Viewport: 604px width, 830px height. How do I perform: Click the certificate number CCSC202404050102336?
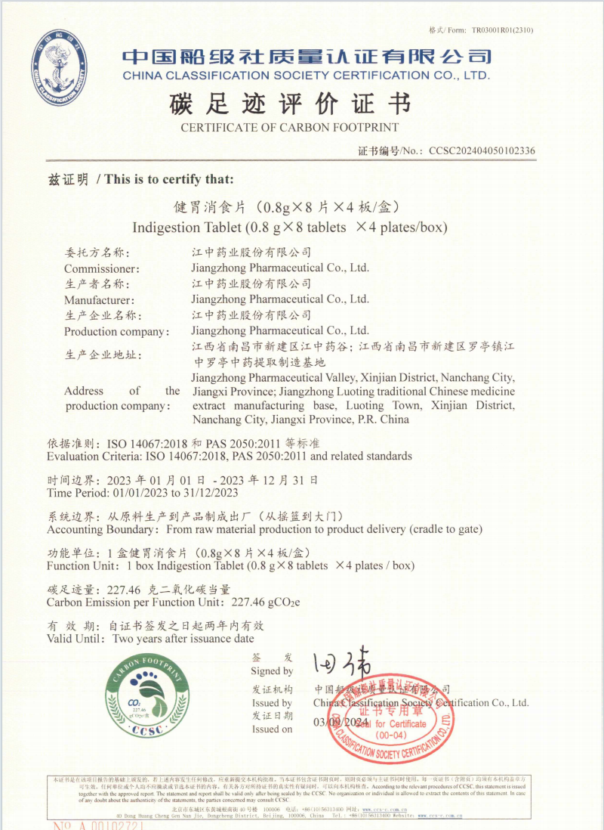coord(482,150)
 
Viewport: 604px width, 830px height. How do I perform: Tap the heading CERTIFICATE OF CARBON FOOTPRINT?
coord(290,128)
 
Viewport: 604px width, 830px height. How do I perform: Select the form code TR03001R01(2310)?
coord(503,30)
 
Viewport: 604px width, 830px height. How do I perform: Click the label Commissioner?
coord(102,268)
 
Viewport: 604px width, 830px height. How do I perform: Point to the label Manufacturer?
coord(100,300)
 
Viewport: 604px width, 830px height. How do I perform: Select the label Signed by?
coord(272,671)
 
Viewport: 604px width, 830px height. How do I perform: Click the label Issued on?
coord(272,729)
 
